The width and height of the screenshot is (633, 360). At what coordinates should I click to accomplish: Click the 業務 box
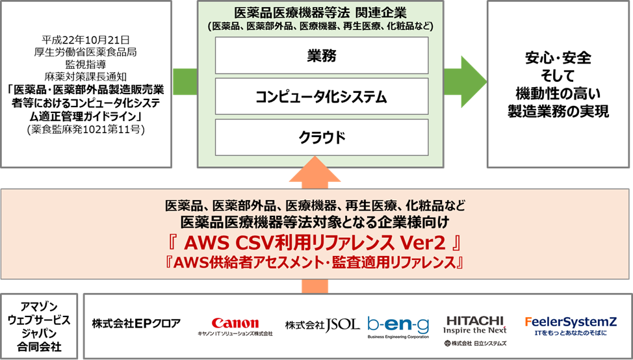[321, 55]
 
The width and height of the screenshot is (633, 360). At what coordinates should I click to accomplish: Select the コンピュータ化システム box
[321, 97]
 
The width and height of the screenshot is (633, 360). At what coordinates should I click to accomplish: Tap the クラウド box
[321, 138]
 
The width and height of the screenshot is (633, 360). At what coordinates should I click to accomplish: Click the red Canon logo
[235, 323]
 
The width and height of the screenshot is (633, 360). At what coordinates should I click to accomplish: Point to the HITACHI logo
[476, 320]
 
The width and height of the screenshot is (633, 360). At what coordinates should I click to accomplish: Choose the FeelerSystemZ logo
[569, 322]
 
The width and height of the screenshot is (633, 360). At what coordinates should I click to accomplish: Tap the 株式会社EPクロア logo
[136, 324]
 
